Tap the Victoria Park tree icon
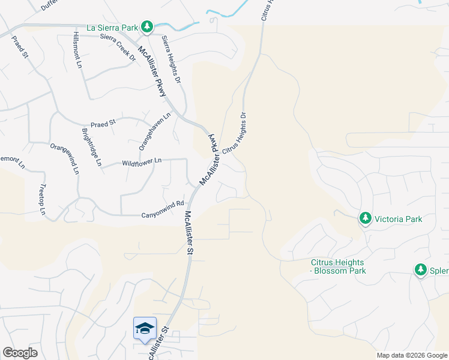click(x=365, y=218)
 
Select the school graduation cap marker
click(x=145, y=328)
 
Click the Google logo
click(x=20, y=353)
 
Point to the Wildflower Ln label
click(x=142, y=161)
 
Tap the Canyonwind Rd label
click(x=162, y=209)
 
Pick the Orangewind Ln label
click(x=64, y=158)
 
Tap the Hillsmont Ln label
click(x=77, y=50)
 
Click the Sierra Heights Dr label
click(x=170, y=59)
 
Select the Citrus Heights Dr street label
click(x=235, y=133)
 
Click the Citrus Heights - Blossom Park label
click(x=338, y=266)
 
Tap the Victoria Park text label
click(x=399, y=218)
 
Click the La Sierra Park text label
click(x=112, y=27)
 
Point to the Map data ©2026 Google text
click(x=412, y=355)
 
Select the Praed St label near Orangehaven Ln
click(x=103, y=123)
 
